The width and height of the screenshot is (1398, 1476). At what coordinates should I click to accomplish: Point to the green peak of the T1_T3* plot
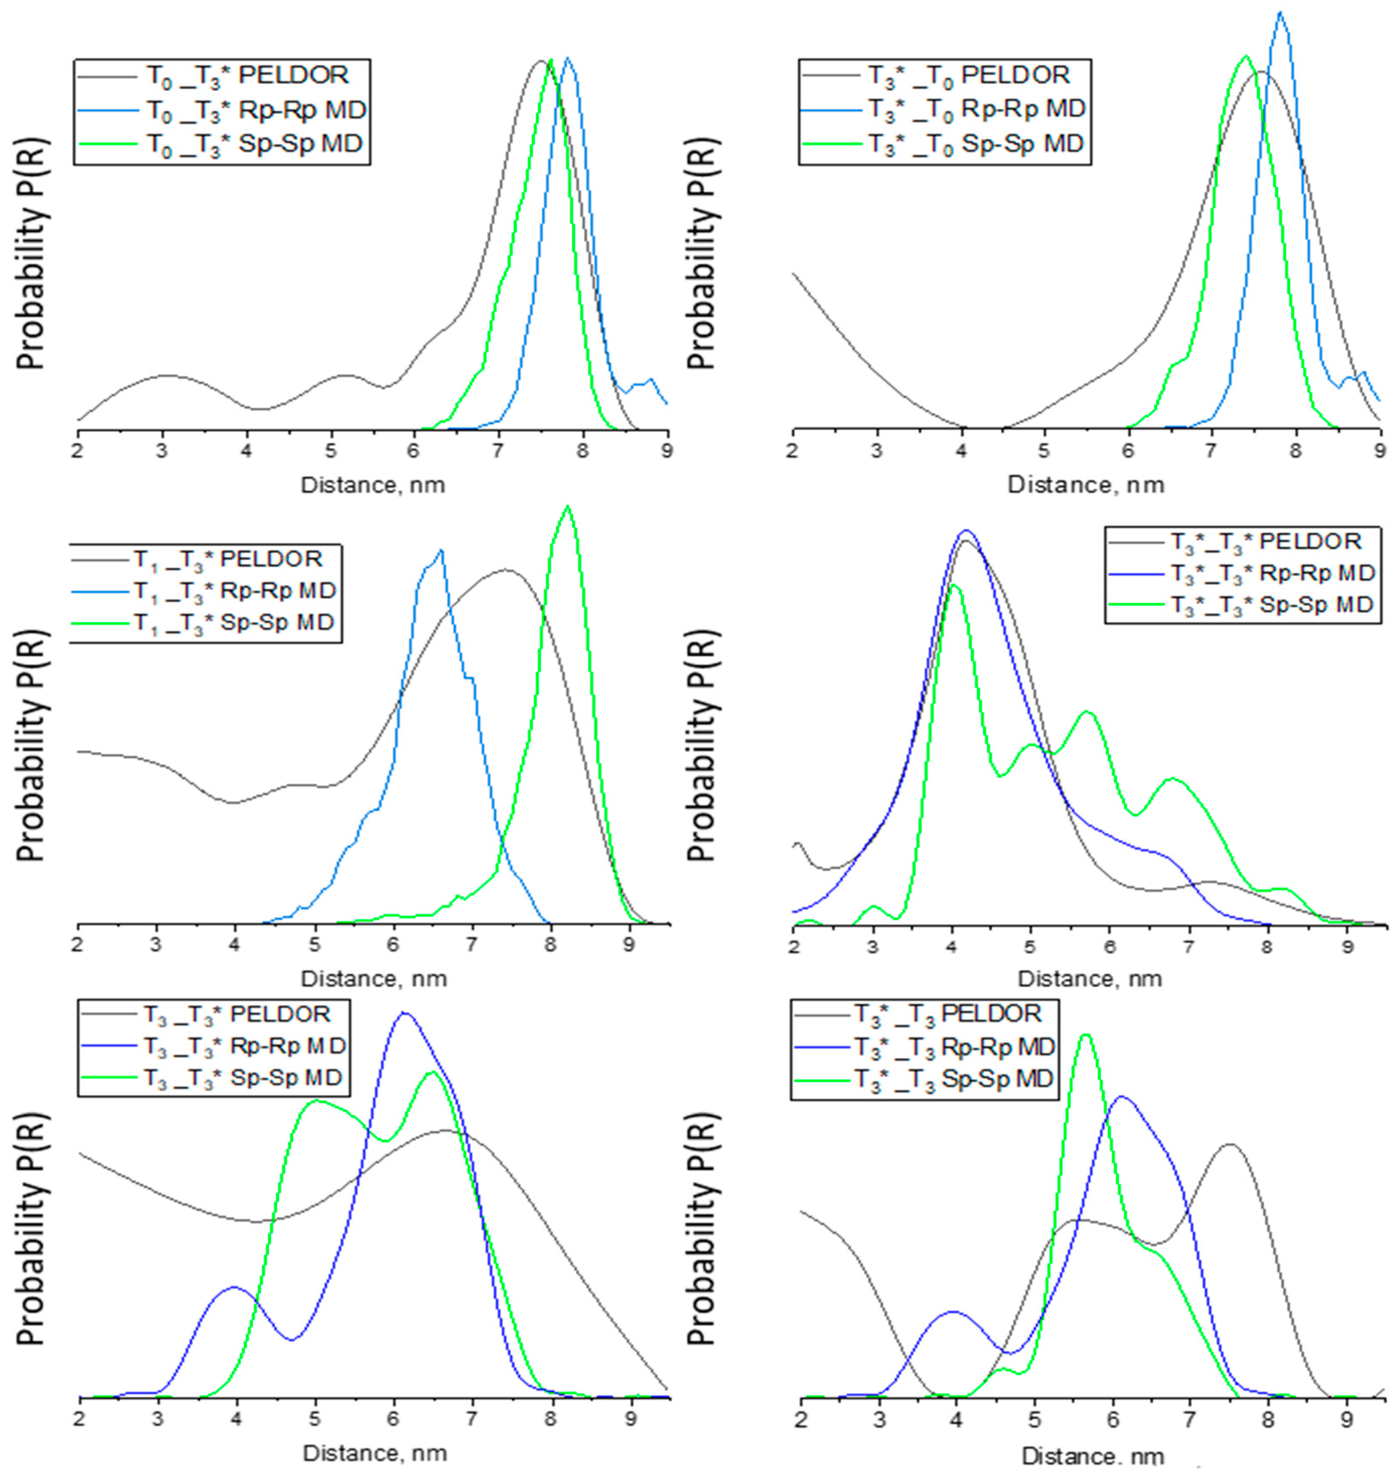(568, 507)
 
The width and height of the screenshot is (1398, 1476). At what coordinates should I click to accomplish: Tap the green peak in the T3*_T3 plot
(1085, 1035)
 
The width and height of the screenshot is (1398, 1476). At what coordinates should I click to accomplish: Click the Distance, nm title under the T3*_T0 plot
(1086, 485)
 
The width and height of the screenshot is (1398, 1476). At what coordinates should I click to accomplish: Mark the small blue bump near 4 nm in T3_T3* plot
(236, 1287)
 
